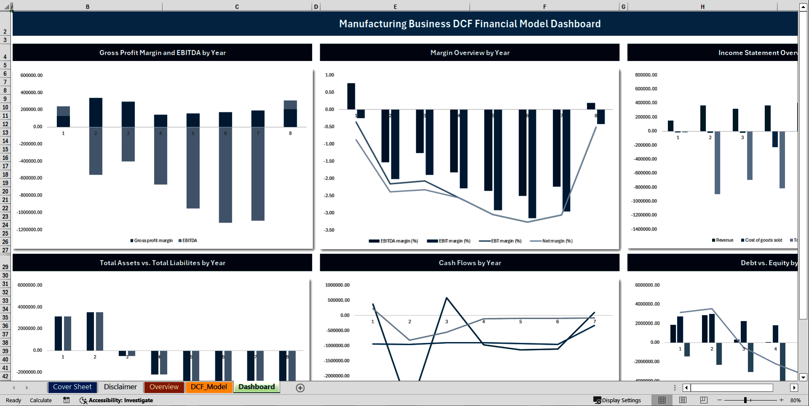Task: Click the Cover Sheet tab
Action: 72,387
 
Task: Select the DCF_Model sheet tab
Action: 209,387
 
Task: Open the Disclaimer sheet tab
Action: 120,387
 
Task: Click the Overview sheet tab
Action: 164,387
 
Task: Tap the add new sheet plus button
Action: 300,388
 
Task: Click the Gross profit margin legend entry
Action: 153,241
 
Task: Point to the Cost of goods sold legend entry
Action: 763,240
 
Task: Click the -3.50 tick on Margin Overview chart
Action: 329,230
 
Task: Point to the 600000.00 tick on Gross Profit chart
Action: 32,75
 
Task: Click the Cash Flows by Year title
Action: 470,263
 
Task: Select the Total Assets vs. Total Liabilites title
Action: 162,263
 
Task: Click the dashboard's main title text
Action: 470,24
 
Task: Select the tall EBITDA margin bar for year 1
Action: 351,96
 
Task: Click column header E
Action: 395,7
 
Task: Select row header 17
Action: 5,166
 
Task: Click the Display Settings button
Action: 617,400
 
